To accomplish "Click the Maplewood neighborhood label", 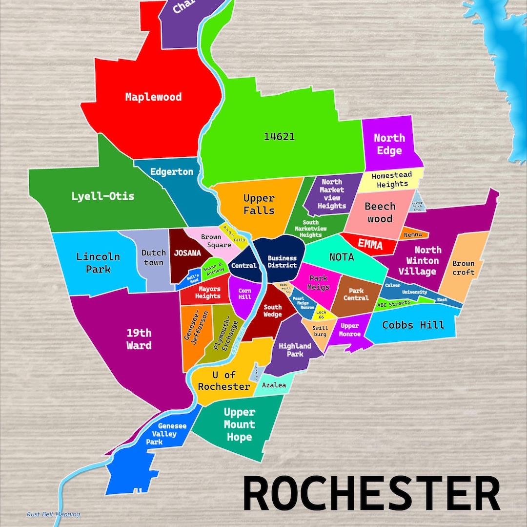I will coord(153,97).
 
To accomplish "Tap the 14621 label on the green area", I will coord(279,136).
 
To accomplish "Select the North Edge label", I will coord(389,144).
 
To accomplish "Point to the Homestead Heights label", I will coord(392,179).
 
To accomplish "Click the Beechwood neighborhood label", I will coord(380,212).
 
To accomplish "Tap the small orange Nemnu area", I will coord(415,235).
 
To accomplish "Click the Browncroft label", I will coord(463,268).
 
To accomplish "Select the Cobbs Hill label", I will coord(413,325).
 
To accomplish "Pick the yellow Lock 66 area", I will coord(321,315).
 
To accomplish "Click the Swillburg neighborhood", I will coord(320,331).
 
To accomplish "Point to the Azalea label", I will coord(274,385).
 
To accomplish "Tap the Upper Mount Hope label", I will coord(239,424).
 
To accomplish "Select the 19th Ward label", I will coord(139,339).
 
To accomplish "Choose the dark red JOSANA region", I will coord(186,253).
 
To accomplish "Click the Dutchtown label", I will coord(154,257).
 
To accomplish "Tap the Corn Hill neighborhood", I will coord(244,294).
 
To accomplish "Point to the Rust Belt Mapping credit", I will coord(54,514).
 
